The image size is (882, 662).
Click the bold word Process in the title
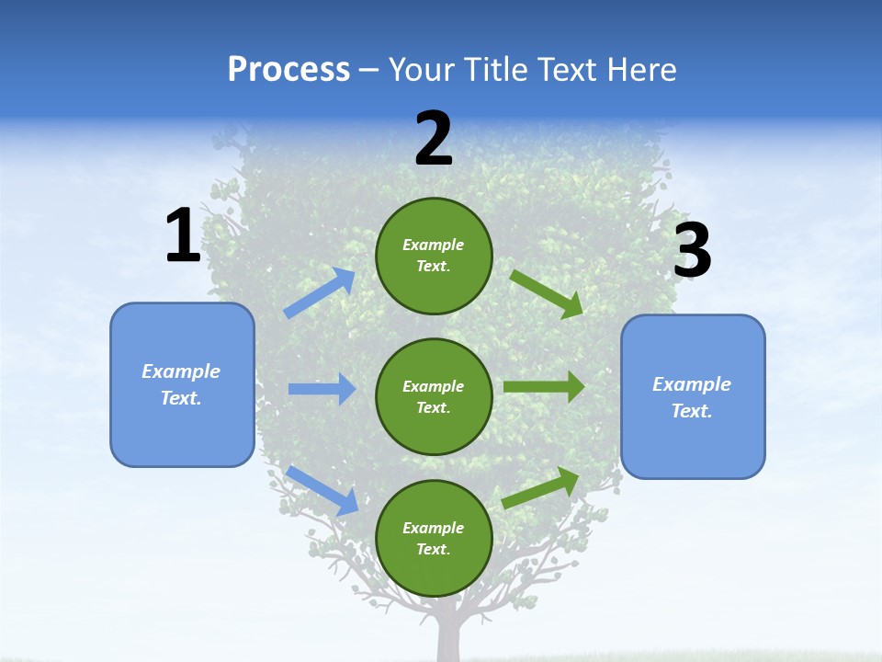288,70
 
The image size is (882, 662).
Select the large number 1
183,236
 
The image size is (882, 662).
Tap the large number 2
434,140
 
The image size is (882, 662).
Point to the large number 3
692,251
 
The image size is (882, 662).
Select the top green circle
434,256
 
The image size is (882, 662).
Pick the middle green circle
434,396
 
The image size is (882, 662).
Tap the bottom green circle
434,538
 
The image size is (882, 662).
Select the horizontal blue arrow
322,389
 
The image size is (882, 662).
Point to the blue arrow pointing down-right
322,490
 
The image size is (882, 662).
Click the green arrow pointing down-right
547,294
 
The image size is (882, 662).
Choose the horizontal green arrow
544,387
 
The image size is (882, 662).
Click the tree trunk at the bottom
449,639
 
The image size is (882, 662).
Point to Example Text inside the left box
181,384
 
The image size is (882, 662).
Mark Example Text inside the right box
692,397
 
